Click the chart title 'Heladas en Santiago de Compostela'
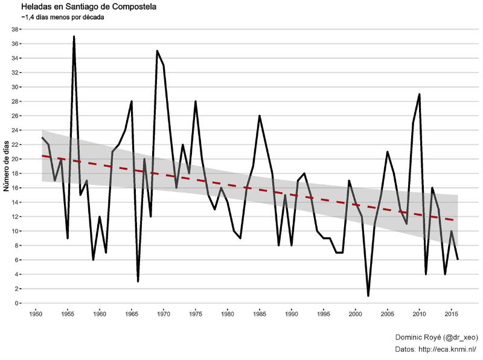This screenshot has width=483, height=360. point(88,7)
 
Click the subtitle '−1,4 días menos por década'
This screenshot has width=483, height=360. point(62,18)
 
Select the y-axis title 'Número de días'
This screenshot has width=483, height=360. point(7,165)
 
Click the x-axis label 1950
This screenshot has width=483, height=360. point(36,314)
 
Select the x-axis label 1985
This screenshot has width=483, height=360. point(260,314)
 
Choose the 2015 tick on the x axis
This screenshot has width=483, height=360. point(451,314)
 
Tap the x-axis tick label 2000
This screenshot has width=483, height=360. point(355,314)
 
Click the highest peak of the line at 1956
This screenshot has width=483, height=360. point(74,36)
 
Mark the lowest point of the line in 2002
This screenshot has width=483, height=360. point(368,296)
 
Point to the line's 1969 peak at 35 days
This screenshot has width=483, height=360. point(157,51)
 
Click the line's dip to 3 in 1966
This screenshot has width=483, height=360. point(138,281)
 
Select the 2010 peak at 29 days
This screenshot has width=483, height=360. point(419,94)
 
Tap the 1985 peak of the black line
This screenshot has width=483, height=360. point(260,116)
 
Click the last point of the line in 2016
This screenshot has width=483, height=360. point(458,260)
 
